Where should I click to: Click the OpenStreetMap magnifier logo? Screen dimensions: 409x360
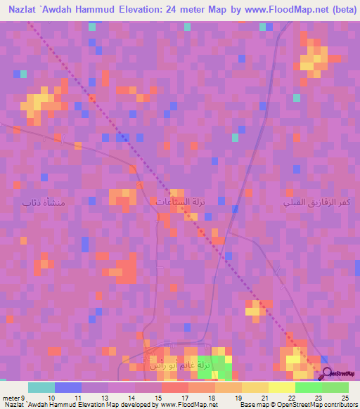326,372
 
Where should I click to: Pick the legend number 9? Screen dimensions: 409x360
25,398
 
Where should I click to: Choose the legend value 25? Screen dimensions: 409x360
345,398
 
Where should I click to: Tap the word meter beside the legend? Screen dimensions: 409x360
10,398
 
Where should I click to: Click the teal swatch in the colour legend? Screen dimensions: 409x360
41,387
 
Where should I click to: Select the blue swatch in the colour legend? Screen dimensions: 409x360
68,387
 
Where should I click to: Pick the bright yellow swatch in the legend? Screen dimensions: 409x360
282,387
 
